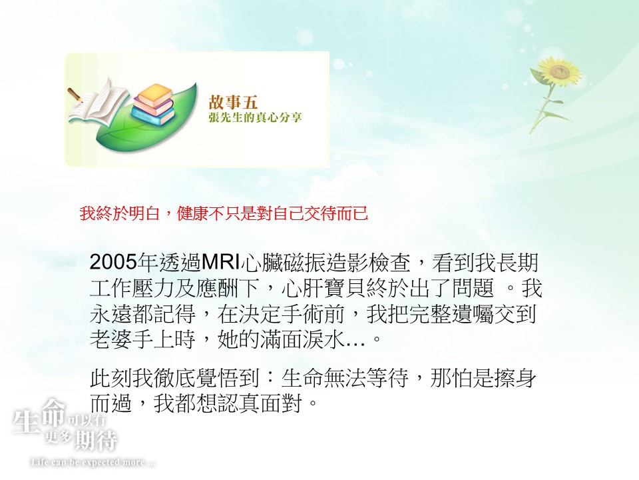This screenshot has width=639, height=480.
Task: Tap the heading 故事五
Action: (233, 102)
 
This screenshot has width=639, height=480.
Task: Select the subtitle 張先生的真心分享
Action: (255, 117)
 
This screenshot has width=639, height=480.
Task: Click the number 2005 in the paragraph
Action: (113, 262)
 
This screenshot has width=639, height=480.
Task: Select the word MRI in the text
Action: (220, 262)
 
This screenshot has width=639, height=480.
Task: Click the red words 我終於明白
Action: (119, 213)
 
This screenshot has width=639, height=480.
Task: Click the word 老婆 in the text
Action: (111, 339)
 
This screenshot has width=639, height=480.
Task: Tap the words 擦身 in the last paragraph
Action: (515, 377)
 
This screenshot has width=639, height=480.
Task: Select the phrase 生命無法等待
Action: (345, 377)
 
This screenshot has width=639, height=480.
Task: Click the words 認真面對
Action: (260, 403)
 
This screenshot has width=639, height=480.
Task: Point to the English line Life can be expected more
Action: (93, 463)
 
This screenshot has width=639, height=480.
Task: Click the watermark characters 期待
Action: (96, 441)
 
